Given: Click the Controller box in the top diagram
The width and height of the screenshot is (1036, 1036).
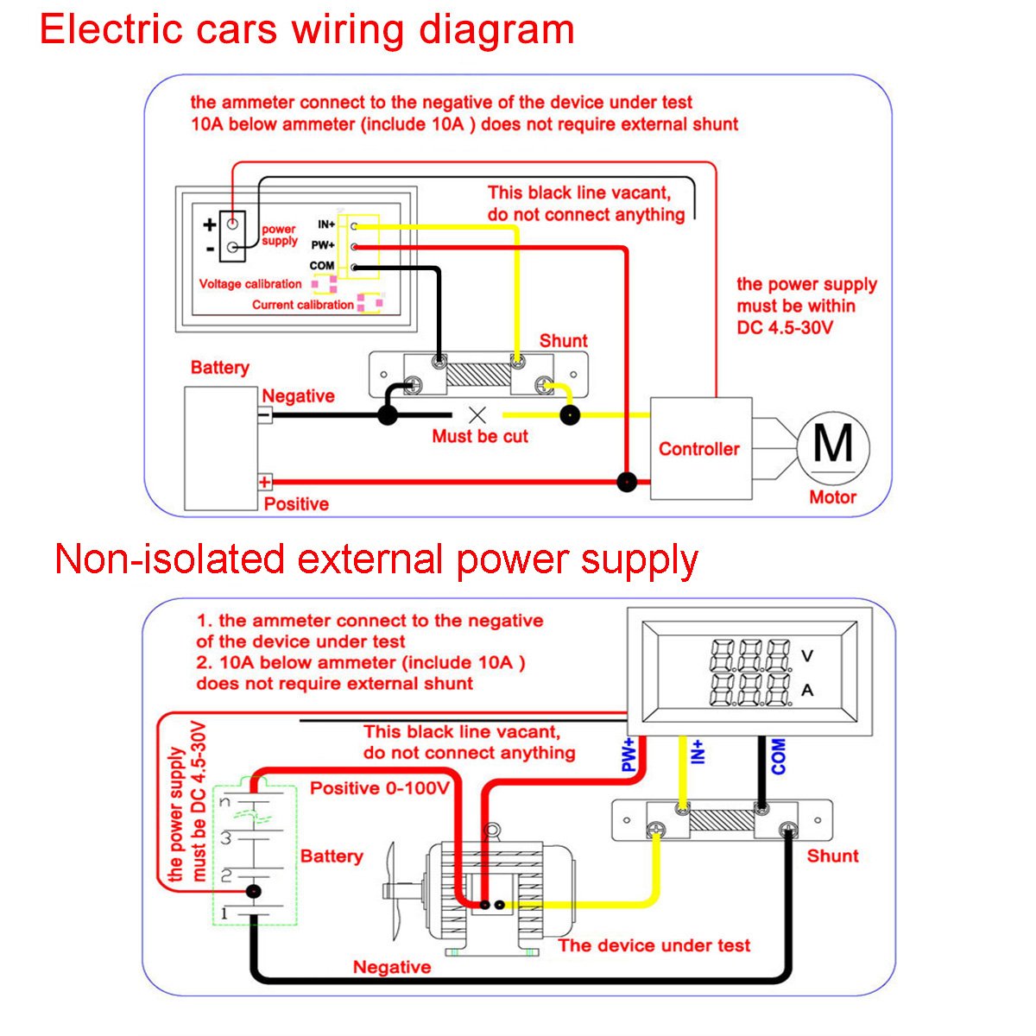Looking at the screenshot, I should tap(699, 449).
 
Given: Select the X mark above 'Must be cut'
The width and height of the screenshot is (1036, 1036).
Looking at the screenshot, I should tap(477, 414).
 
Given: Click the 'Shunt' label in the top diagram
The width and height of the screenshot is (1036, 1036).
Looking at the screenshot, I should tap(563, 341).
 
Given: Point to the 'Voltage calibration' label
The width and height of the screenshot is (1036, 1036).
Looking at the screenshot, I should tap(250, 284).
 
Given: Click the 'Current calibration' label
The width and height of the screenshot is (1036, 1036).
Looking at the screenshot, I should tap(302, 305).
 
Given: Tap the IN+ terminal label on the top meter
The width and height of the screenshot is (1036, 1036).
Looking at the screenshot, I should tap(326, 224).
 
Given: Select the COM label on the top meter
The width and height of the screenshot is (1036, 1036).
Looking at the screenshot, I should tap(322, 266).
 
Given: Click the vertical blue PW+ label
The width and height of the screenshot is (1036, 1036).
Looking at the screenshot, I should tap(629, 755).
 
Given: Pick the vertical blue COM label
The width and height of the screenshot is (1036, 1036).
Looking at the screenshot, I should tap(779, 756).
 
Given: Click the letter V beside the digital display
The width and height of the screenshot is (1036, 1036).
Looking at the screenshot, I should tap(807, 656).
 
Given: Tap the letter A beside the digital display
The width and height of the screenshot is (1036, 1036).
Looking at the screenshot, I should tap(807, 691).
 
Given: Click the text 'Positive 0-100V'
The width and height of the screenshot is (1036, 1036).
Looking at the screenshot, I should tap(380, 788).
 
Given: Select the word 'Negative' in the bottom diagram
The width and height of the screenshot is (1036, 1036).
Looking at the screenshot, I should tap(392, 967).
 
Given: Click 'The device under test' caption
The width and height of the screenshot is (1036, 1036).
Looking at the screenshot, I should tap(654, 945).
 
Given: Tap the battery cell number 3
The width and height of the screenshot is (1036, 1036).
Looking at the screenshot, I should tap(226, 838).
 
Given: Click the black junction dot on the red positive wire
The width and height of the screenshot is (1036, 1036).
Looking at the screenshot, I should tap(627, 482).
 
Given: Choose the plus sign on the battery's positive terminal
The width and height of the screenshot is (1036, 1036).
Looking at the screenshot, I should tap(265, 482).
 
